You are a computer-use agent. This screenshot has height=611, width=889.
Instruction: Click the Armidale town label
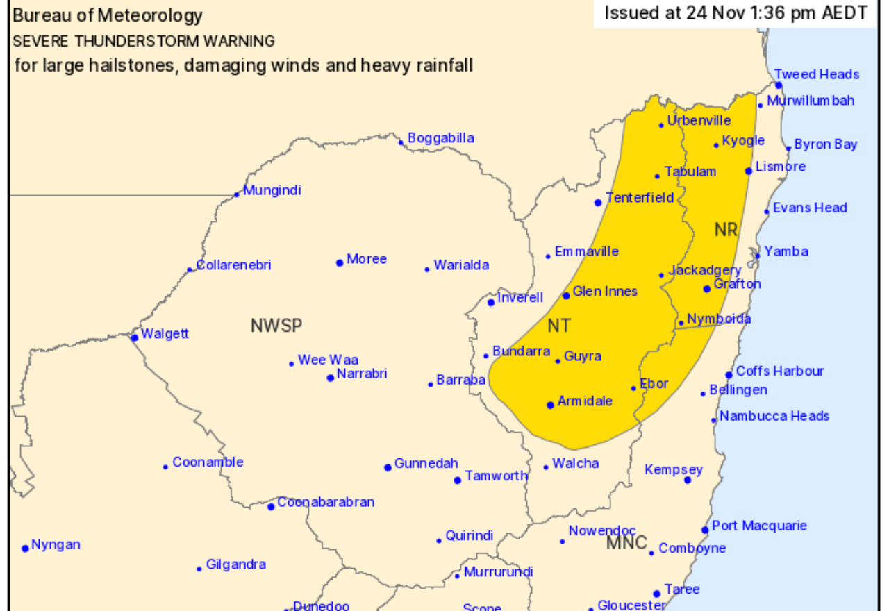[x=585, y=401]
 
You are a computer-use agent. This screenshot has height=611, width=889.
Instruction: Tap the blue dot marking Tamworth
[x=458, y=480]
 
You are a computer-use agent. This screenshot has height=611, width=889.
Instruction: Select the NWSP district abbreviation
[x=277, y=326]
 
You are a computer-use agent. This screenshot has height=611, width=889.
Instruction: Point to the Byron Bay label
[x=825, y=144]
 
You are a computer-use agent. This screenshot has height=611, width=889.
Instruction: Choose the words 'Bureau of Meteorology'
[x=108, y=16]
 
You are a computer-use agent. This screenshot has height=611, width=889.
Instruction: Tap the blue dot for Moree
[x=340, y=262]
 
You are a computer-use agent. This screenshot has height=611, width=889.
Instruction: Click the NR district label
[x=726, y=230]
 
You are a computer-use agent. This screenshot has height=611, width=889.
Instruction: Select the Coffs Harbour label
[x=779, y=371]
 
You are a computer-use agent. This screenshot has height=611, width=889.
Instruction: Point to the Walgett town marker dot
[x=134, y=337]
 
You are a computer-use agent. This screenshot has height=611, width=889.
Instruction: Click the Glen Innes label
[x=604, y=291]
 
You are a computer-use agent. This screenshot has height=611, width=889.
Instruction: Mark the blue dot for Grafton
[x=707, y=288]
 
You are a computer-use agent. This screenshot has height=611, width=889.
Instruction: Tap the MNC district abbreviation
[x=626, y=543]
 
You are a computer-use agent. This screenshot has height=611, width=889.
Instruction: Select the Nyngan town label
[x=56, y=545]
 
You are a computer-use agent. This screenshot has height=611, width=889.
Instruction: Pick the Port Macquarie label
[x=759, y=526]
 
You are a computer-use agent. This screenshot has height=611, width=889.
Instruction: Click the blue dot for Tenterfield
[x=598, y=203]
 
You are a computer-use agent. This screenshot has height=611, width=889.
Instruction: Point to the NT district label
[x=559, y=325]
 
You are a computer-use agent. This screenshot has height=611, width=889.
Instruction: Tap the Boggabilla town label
[x=440, y=138]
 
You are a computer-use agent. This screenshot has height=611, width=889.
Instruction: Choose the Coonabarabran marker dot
[x=271, y=506]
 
